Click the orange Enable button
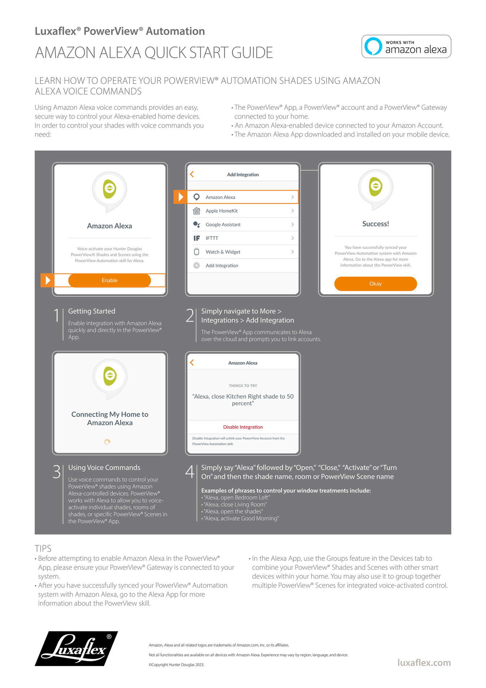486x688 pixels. (x=109, y=280)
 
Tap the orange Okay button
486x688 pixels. (x=375, y=284)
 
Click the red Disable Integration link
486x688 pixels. (x=243, y=427)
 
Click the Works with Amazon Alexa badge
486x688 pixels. (x=406, y=46)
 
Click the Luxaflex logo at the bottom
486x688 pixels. (x=76, y=649)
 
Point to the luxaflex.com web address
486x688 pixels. (x=424, y=663)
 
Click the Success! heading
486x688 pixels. (x=375, y=224)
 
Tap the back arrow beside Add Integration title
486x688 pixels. (x=192, y=174)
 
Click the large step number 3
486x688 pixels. (x=57, y=472)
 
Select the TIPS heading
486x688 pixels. (x=43, y=548)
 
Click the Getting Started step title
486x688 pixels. (x=92, y=311)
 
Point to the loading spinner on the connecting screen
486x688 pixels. (x=107, y=442)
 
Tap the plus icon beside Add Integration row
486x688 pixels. (x=197, y=266)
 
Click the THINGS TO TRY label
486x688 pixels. (x=243, y=386)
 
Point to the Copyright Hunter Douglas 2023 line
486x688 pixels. (x=176, y=664)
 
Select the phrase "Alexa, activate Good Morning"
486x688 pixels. (x=241, y=518)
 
